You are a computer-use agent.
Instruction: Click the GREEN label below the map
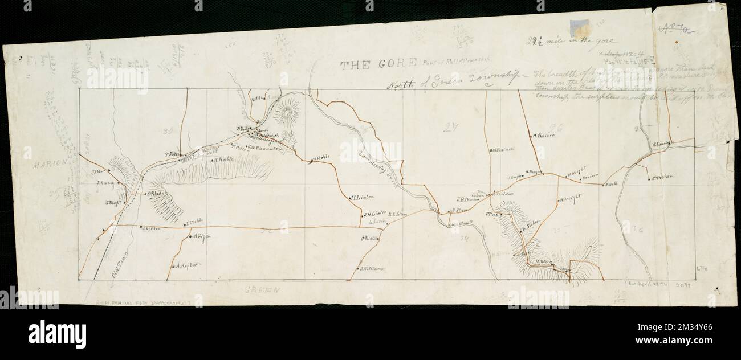[264, 290]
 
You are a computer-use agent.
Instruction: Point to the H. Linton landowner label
[361, 198]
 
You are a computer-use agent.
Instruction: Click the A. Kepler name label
[187, 265]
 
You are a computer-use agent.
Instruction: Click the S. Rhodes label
[156, 194]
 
